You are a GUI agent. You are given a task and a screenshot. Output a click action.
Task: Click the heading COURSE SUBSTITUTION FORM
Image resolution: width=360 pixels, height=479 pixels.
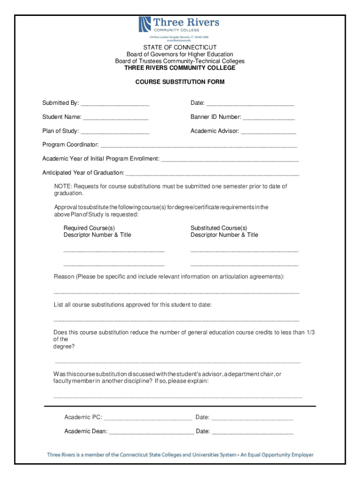(x=180, y=82)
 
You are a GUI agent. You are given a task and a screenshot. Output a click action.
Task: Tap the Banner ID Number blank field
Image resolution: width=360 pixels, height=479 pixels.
(x=269, y=118)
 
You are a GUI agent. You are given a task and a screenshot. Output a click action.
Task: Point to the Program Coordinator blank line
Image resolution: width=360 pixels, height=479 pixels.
(x=199, y=145)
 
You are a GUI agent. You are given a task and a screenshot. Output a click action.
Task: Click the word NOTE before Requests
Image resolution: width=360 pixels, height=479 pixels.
(x=63, y=187)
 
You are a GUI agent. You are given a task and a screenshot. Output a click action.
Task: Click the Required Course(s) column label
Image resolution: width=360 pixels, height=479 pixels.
(x=89, y=228)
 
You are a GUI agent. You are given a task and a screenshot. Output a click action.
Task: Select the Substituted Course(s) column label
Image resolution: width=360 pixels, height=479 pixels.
(x=219, y=228)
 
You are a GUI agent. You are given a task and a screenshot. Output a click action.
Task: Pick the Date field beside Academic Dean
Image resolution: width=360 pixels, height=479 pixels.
(x=252, y=432)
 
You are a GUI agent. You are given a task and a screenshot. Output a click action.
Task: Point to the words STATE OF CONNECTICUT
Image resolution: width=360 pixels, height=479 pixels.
(x=180, y=47)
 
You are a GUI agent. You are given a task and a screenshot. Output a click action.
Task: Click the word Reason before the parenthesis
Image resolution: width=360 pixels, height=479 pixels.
(x=64, y=277)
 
